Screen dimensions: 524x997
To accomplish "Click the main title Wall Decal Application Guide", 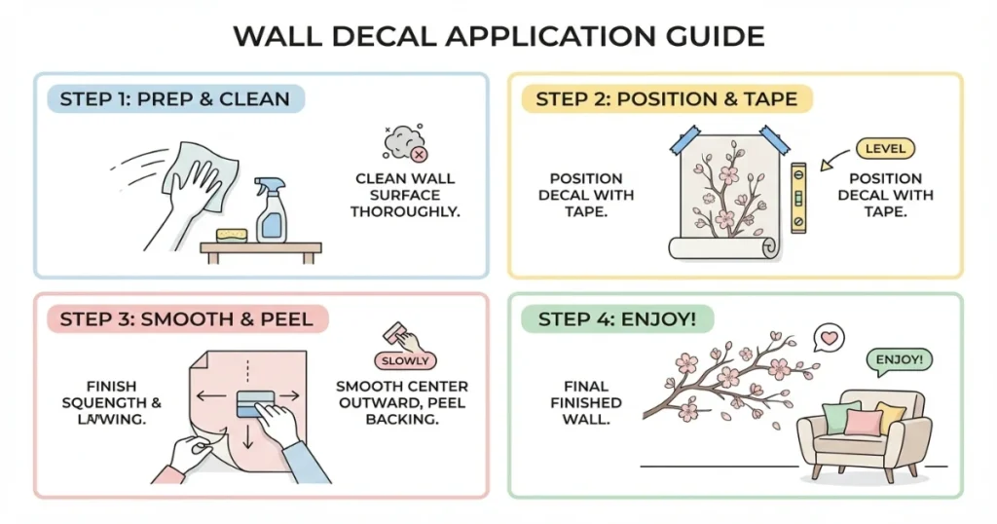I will (498, 37).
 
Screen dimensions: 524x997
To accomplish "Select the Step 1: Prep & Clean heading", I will (174, 98).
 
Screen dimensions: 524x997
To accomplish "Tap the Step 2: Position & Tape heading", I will (666, 98).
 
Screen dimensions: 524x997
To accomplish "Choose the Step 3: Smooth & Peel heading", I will (186, 319).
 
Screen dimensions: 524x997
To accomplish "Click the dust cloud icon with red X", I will (402, 144).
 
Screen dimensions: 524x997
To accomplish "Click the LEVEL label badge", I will (884, 149).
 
